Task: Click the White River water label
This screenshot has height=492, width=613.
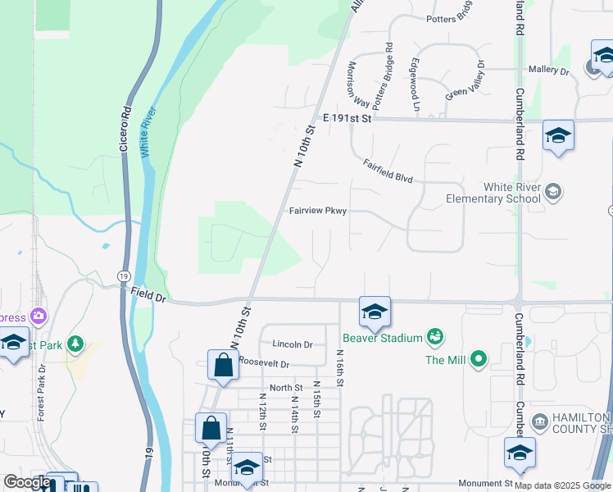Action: click(x=147, y=133)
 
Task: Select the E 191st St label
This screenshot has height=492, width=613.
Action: click(x=347, y=119)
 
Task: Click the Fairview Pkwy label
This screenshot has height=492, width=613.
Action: click(x=318, y=211)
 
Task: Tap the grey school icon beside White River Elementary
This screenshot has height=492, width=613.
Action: click(x=553, y=192)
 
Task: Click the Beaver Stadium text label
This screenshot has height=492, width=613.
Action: click(x=382, y=337)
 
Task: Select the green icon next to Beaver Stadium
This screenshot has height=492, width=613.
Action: click(x=435, y=336)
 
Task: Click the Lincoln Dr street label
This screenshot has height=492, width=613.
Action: click(x=293, y=344)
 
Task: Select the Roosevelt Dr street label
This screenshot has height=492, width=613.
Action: click(x=264, y=362)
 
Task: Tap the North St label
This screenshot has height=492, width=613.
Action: click(x=286, y=387)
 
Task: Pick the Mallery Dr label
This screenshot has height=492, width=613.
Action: click(x=548, y=71)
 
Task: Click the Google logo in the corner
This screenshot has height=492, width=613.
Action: click(x=27, y=482)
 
